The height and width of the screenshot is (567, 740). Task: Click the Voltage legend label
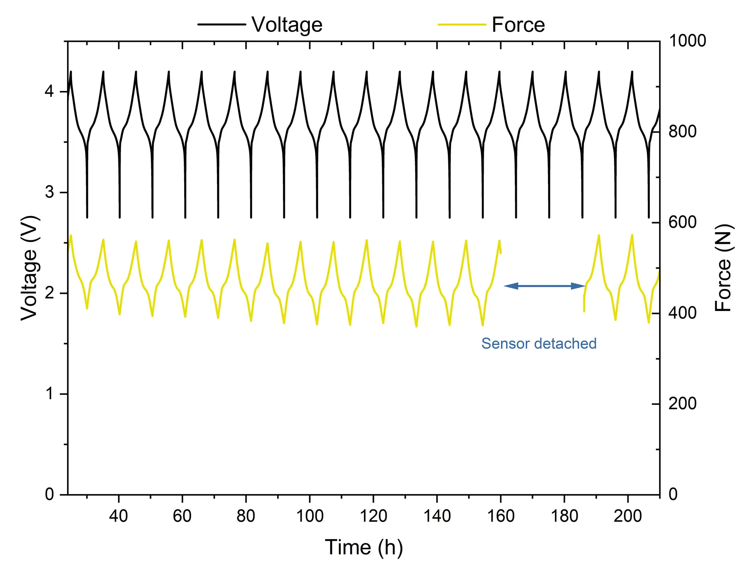point(287,25)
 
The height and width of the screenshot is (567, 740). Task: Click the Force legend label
point(518,25)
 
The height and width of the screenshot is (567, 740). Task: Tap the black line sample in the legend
point(222,24)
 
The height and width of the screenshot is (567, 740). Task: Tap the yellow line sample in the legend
point(461,24)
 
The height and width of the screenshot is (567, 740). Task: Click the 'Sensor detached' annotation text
point(539,343)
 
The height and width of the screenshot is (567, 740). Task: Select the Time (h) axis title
point(363,547)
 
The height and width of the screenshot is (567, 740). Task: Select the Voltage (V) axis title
point(30,268)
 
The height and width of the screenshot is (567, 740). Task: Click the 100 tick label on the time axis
point(309,516)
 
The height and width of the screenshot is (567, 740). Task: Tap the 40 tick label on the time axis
point(118,516)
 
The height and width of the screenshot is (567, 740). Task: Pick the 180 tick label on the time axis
point(564,516)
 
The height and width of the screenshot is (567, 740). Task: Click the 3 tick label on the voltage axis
point(49,192)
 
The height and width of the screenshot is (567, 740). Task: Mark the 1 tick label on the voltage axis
point(49,394)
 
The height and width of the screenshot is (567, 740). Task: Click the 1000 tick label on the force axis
point(687,41)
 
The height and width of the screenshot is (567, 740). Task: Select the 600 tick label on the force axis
point(682,223)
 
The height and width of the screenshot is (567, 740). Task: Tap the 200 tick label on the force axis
point(682,404)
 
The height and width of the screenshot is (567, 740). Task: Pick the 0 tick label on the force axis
point(673,494)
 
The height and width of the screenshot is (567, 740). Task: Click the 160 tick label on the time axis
point(501,516)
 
